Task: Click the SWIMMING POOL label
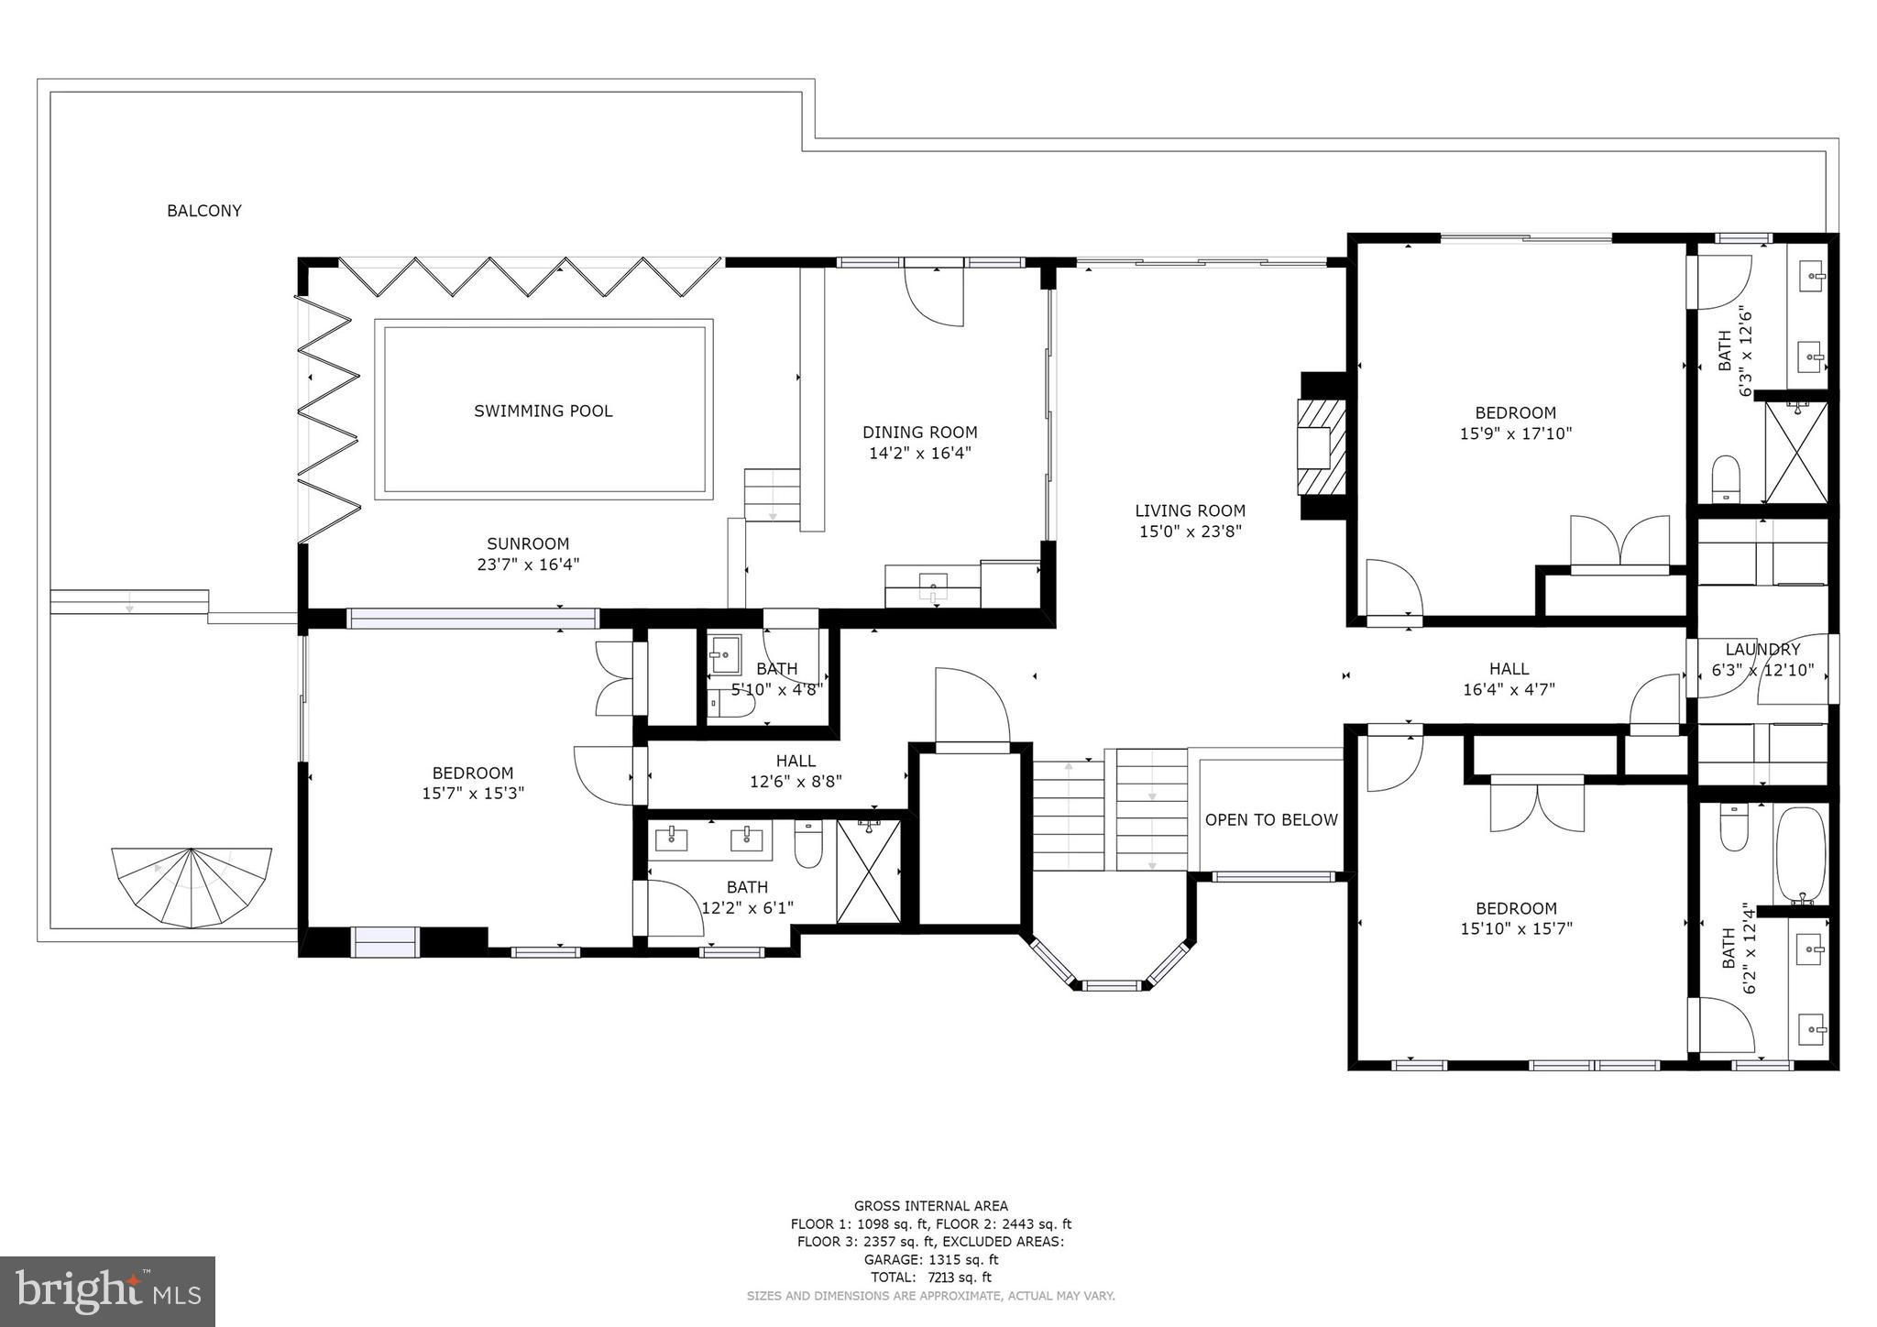(543, 411)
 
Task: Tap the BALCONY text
(204, 211)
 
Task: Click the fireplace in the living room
(1322, 446)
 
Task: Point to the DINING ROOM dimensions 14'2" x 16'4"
(919, 453)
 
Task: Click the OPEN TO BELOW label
(1271, 820)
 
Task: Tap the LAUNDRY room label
(1762, 650)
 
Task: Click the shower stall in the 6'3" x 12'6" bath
(1796, 452)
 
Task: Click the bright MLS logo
(107, 1291)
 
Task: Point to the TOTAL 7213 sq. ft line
(930, 1278)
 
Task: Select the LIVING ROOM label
(1190, 511)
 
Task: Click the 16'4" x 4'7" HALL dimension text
(1509, 689)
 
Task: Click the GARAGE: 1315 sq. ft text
(931, 1260)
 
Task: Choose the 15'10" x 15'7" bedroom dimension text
(1516, 928)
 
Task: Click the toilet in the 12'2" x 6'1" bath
(808, 844)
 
